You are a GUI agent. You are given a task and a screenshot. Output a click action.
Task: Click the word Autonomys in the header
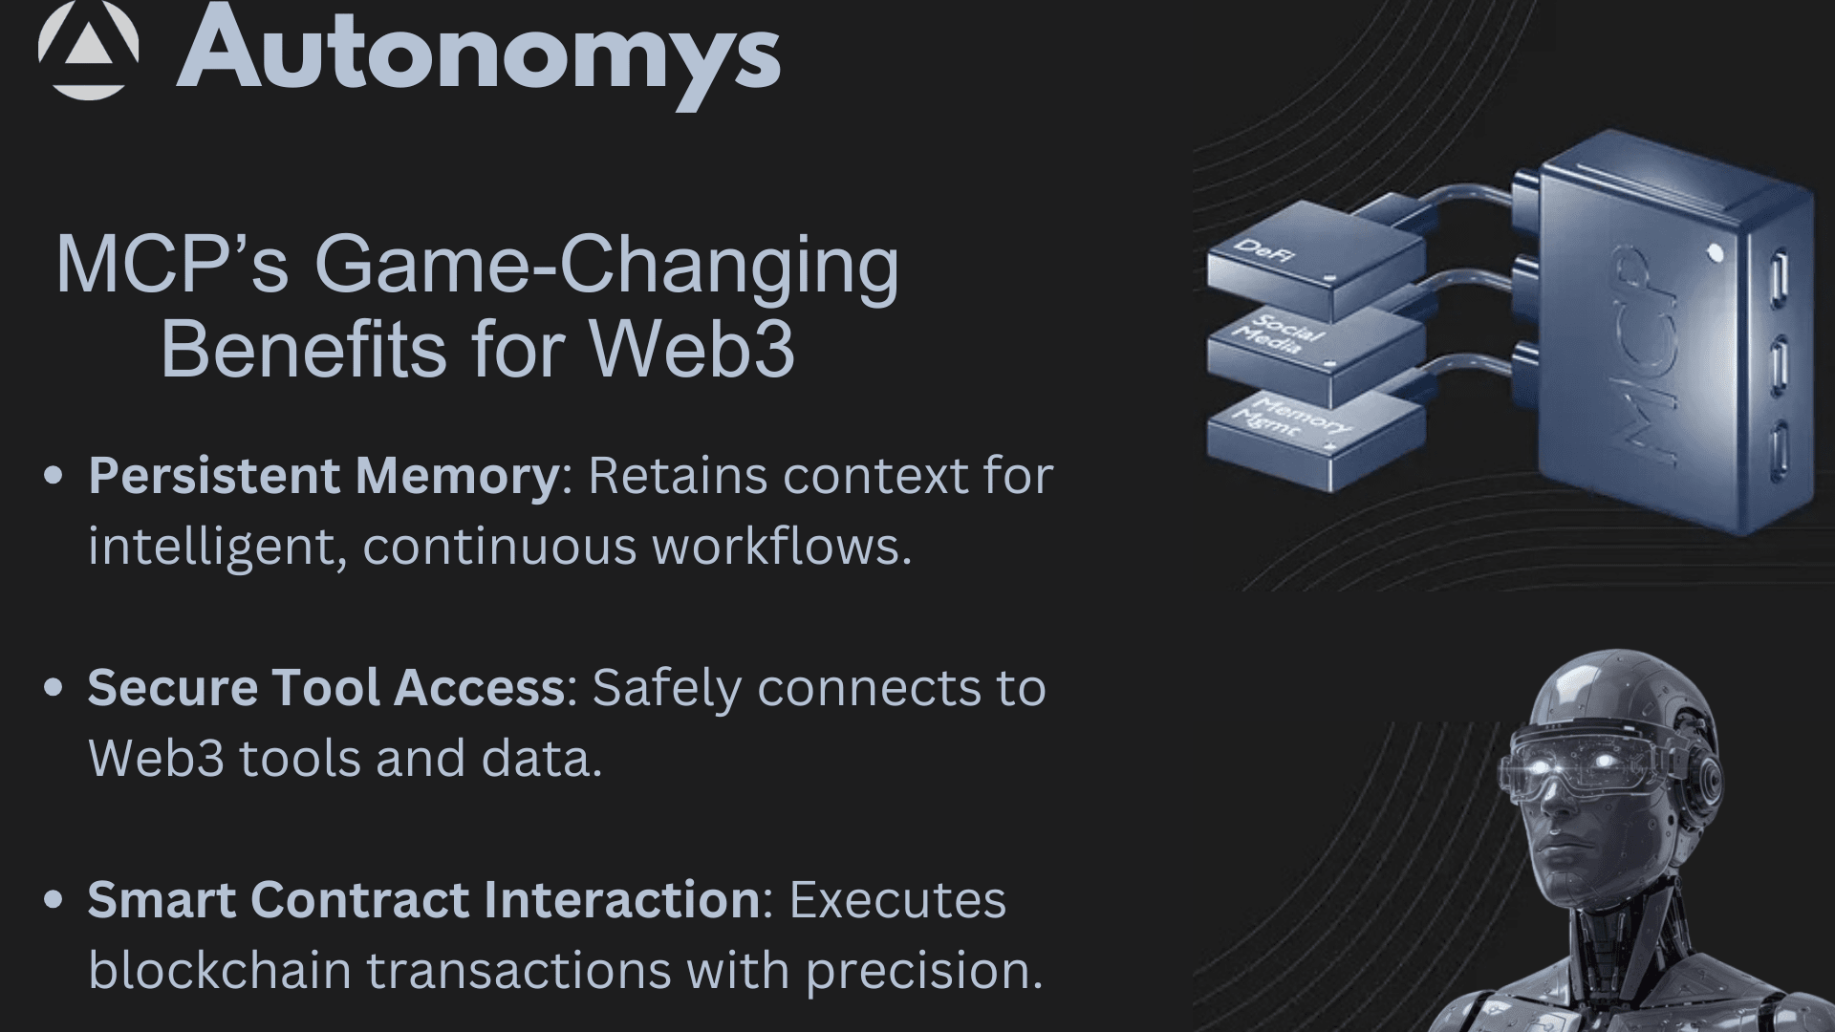pyautogui.click(x=479, y=55)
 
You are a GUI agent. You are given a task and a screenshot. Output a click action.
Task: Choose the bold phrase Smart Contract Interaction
pyautogui.click(x=424, y=899)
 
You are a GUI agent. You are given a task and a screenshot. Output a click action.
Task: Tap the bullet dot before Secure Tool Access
pyautogui.click(x=54, y=687)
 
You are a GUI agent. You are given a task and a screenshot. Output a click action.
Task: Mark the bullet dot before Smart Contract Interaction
pyautogui.click(x=54, y=899)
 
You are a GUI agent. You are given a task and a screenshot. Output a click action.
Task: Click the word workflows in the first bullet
pyautogui.click(x=775, y=547)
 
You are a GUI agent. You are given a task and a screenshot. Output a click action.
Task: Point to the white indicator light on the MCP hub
pyautogui.click(x=1716, y=253)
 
